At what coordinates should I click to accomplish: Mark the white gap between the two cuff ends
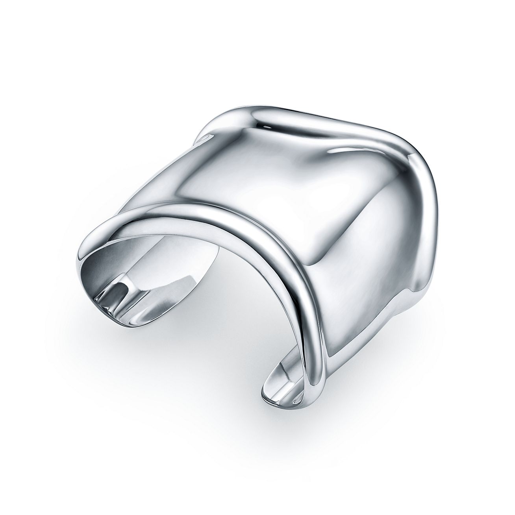213,335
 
